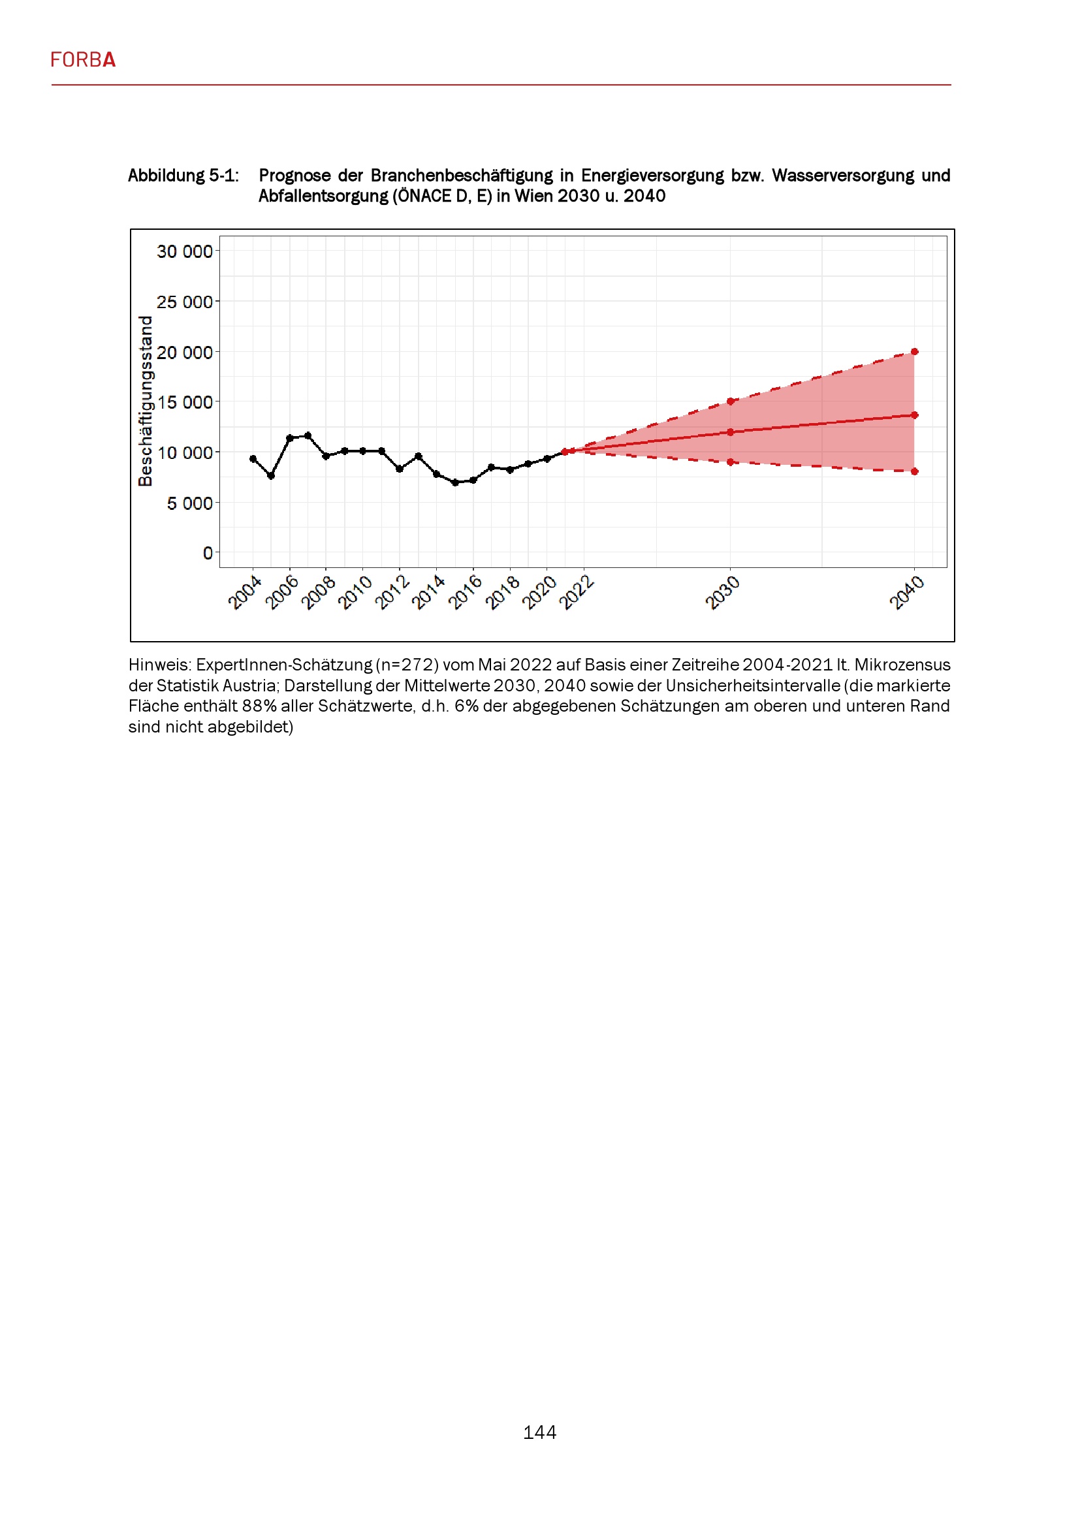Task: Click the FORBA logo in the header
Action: tap(83, 60)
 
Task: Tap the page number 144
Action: tap(539, 1432)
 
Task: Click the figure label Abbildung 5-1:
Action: tap(183, 176)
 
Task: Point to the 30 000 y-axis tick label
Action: tap(184, 251)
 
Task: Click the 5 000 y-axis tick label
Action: tap(189, 503)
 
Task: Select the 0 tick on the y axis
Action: tap(208, 553)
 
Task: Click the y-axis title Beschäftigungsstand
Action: tap(145, 401)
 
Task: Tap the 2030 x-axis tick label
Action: tap(722, 593)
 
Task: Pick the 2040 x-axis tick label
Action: tap(906, 593)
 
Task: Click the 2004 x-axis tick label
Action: tap(244, 593)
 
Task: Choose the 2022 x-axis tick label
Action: tap(576, 593)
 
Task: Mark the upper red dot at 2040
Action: tap(914, 352)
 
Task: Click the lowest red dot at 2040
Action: tap(914, 471)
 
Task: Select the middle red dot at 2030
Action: tap(730, 432)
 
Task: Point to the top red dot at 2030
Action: tap(730, 401)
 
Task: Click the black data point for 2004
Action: tap(253, 459)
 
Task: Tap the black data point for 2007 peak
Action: tap(308, 435)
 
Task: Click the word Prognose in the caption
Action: tap(294, 176)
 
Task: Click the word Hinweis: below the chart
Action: tap(159, 665)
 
